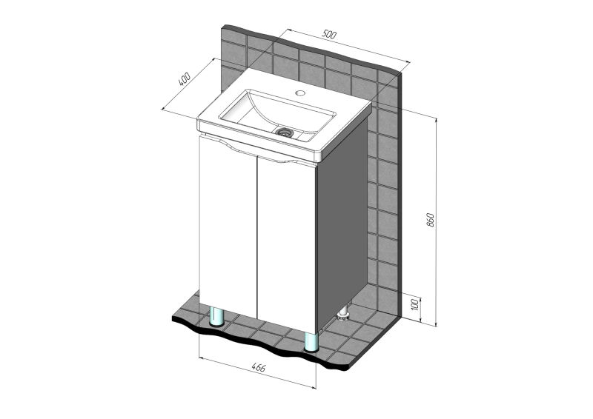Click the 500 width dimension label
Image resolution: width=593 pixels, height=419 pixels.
pyautogui.click(x=329, y=34)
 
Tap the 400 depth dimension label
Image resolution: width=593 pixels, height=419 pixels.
pyautogui.click(x=184, y=79)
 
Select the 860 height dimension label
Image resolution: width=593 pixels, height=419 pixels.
pyautogui.click(x=431, y=220)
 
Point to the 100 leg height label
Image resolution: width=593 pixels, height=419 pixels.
pyautogui.click(x=415, y=304)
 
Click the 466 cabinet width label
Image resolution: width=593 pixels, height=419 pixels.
pyautogui.click(x=258, y=368)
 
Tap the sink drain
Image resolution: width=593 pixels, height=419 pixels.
pyautogui.click(x=284, y=132)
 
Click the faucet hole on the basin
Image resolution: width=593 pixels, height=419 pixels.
pyautogui.click(x=300, y=93)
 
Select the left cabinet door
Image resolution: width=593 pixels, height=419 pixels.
pyautogui.click(x=228, y=227)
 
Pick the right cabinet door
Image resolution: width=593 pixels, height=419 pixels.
pyautogui.click(x=286, y=246)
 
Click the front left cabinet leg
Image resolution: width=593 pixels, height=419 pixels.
pyautogui.click(x=216, y=317)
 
